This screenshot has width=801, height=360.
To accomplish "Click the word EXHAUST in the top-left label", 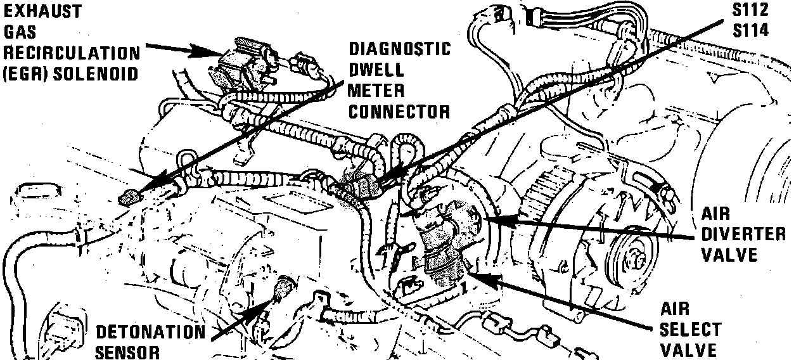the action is pyautogui.click(x=42, y=11).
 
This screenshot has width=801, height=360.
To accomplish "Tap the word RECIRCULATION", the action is pyautogui.click(x=72, y=53).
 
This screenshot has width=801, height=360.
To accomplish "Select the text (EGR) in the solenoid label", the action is pyautogui.click(x=25, y=74).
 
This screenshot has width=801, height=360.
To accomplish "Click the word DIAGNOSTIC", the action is pyautogui.click(x=399, y=49).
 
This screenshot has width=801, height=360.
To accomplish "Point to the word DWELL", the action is pyautogui.click(x=376, y=70).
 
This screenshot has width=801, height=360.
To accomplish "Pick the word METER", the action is pyautogui.click(x=376, y=91).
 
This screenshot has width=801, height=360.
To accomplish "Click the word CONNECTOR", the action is pyautogui.click(x=399, y=112).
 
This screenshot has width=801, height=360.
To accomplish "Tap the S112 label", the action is pyautogui.click(x=750, y=10).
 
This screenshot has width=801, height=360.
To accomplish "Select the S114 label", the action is pyautogui.click(x=750, y=30).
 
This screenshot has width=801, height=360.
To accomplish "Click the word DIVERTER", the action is pyautogui.click(x=743, y=235).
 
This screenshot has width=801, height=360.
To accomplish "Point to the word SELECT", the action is pyautogui.click(x=691, y=330).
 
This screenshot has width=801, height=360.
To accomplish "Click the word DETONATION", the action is pyautogui.click(x=151, y=332).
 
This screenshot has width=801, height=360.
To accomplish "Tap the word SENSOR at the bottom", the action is pyautogui.click(x=127, y=352).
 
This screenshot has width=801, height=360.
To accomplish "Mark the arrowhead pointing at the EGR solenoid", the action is pyautogui.click(x=209, y=53).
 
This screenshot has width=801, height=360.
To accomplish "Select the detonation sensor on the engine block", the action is pyautogui.click(x=282, y=288).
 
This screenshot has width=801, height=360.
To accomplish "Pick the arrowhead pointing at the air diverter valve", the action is pyautogui.click(x=499, y=220).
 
